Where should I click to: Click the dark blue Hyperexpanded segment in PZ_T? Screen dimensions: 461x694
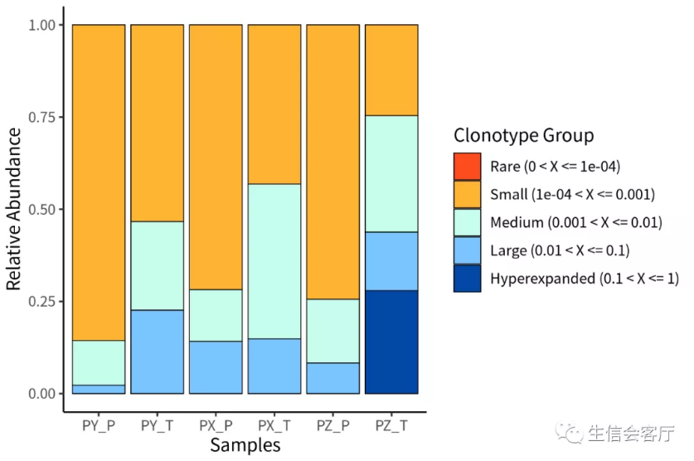click(x=391, y=342)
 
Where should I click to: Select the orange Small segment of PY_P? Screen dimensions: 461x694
click(x=99, y=182)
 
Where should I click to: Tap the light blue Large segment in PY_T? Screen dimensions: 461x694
click(x=157, y=352)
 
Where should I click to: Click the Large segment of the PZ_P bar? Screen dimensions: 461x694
click(x=332, y=378)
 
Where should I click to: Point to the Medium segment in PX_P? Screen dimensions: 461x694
click(x=216, y=315)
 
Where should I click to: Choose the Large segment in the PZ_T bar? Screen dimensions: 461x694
click(x=391, y=261)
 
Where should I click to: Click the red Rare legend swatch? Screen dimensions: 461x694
click(x=467, y=167)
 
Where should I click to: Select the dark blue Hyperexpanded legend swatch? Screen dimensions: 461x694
click(x=467, y=279)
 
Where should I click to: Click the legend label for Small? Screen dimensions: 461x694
click(x=572, y=195)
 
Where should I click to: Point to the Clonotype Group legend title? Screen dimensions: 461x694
click(x=523, y=135)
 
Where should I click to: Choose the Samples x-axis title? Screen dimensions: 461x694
click(x=245, y=445)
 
